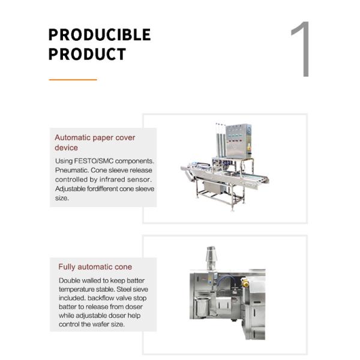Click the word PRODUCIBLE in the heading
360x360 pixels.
click(x=100, y=35)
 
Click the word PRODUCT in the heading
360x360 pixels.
click(x=87, y=54)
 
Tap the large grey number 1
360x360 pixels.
click(x=301, y=49)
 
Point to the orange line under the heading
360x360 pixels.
click(x=73, y=80)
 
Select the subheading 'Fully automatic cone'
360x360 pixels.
click(x=95, y=267)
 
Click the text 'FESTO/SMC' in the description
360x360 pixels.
click(x=94, y=161)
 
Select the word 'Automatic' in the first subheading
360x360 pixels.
click(x=73, y=137)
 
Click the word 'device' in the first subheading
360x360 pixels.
click(x=66, y=148)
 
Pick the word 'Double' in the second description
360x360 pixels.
click(x=70, y=281)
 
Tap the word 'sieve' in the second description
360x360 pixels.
click(x=140, y=289)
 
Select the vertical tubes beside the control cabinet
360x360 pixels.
click(x=221, y=140)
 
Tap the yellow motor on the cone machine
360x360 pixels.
click(x=245, y=283)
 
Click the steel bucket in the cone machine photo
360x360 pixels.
click(x=202, y=307)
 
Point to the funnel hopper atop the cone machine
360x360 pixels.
click(x=211, y=258)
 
